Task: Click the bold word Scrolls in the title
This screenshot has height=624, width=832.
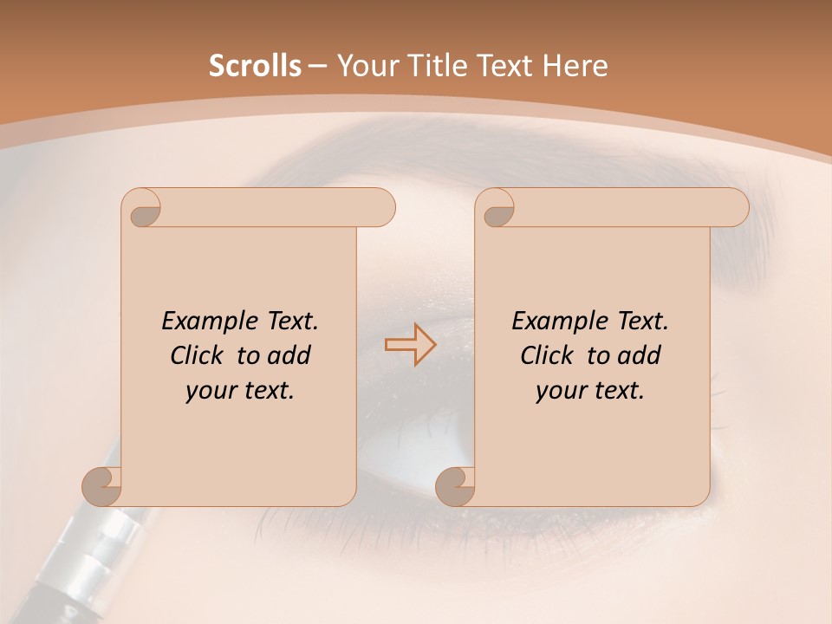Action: (255, 66)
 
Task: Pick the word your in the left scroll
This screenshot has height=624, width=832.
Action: (208, 391)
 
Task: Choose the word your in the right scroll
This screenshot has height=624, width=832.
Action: (558, 391)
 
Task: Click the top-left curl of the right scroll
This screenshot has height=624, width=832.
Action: (496, 207)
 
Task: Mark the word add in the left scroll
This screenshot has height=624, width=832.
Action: (289, 355)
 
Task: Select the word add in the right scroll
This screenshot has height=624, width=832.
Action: (640, 355)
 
